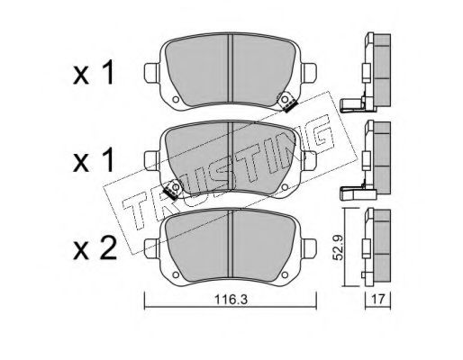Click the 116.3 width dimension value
(231, 299)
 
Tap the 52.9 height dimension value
(339, 247)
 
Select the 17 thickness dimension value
(377, 299)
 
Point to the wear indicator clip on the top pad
(286, 102)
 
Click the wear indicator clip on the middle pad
(172, 190)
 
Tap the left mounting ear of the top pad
(152, 73)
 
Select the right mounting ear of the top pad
(309, 73)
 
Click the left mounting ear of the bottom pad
(152, 248)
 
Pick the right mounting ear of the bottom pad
(309, 248)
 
